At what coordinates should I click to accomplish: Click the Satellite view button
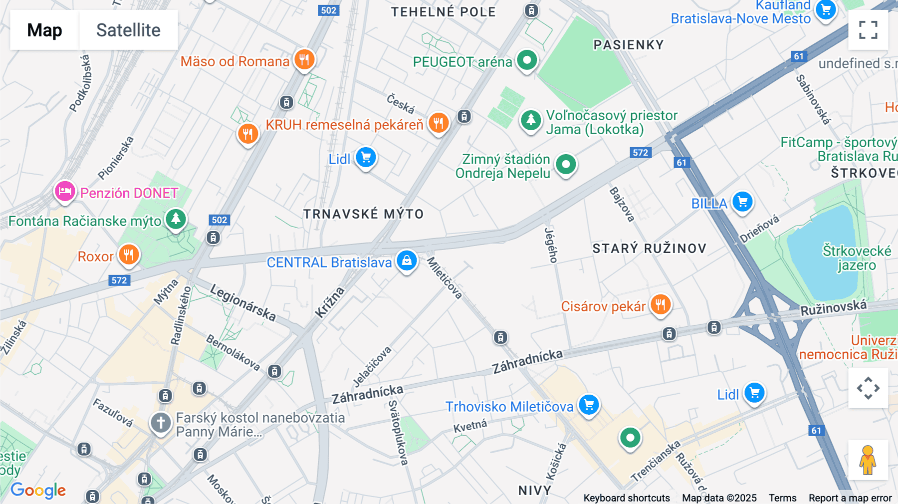128,30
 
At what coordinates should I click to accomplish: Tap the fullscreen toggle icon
868,30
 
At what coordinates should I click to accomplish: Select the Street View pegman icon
868,460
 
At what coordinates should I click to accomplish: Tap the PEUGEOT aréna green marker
526,61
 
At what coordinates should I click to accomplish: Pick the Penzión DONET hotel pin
65,191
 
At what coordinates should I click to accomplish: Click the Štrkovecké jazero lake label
856,257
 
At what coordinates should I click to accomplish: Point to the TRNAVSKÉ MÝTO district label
363,214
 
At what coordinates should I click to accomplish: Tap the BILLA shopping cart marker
742,202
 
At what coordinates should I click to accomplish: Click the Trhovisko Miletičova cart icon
589,405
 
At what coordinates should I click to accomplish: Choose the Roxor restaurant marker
129,255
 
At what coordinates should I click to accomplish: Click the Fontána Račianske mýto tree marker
176,219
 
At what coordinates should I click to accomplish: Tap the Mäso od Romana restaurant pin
304,60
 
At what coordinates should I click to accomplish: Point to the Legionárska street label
243,302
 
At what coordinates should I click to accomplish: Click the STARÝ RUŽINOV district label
649,249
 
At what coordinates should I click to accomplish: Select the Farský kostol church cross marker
161,423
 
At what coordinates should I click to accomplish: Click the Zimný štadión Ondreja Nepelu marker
566,164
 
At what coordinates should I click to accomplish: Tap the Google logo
38,490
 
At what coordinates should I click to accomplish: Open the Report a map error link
850,498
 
